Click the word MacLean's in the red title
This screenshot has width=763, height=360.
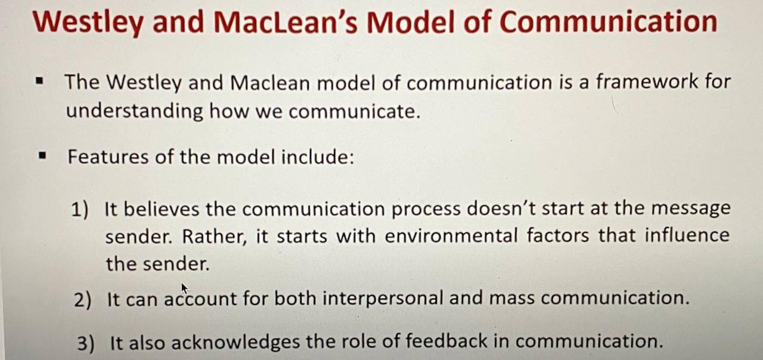(x=286, y=22)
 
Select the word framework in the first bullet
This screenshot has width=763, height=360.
(x=646, y=82)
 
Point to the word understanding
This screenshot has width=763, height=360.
(x=134, y=111)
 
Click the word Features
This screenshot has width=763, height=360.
(x=108, y=157)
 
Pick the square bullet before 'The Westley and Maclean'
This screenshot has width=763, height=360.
(x=40, y=82)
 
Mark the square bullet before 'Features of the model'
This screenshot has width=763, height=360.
(x=42, y=156)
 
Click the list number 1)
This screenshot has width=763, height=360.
(x=80, y=209)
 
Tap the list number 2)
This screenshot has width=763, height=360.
(x=83, y=300)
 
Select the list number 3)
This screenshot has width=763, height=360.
(x=86, y=343)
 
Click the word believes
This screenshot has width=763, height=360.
(x=161, y=209)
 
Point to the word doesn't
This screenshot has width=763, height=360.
(x=500, y=209)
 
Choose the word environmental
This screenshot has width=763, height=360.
(x=451, y=235)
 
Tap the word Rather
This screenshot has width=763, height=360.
(x=214, y=237)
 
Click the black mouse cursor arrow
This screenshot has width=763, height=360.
(x=184, y=288)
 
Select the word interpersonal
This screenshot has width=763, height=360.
(x=383, y=299)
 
